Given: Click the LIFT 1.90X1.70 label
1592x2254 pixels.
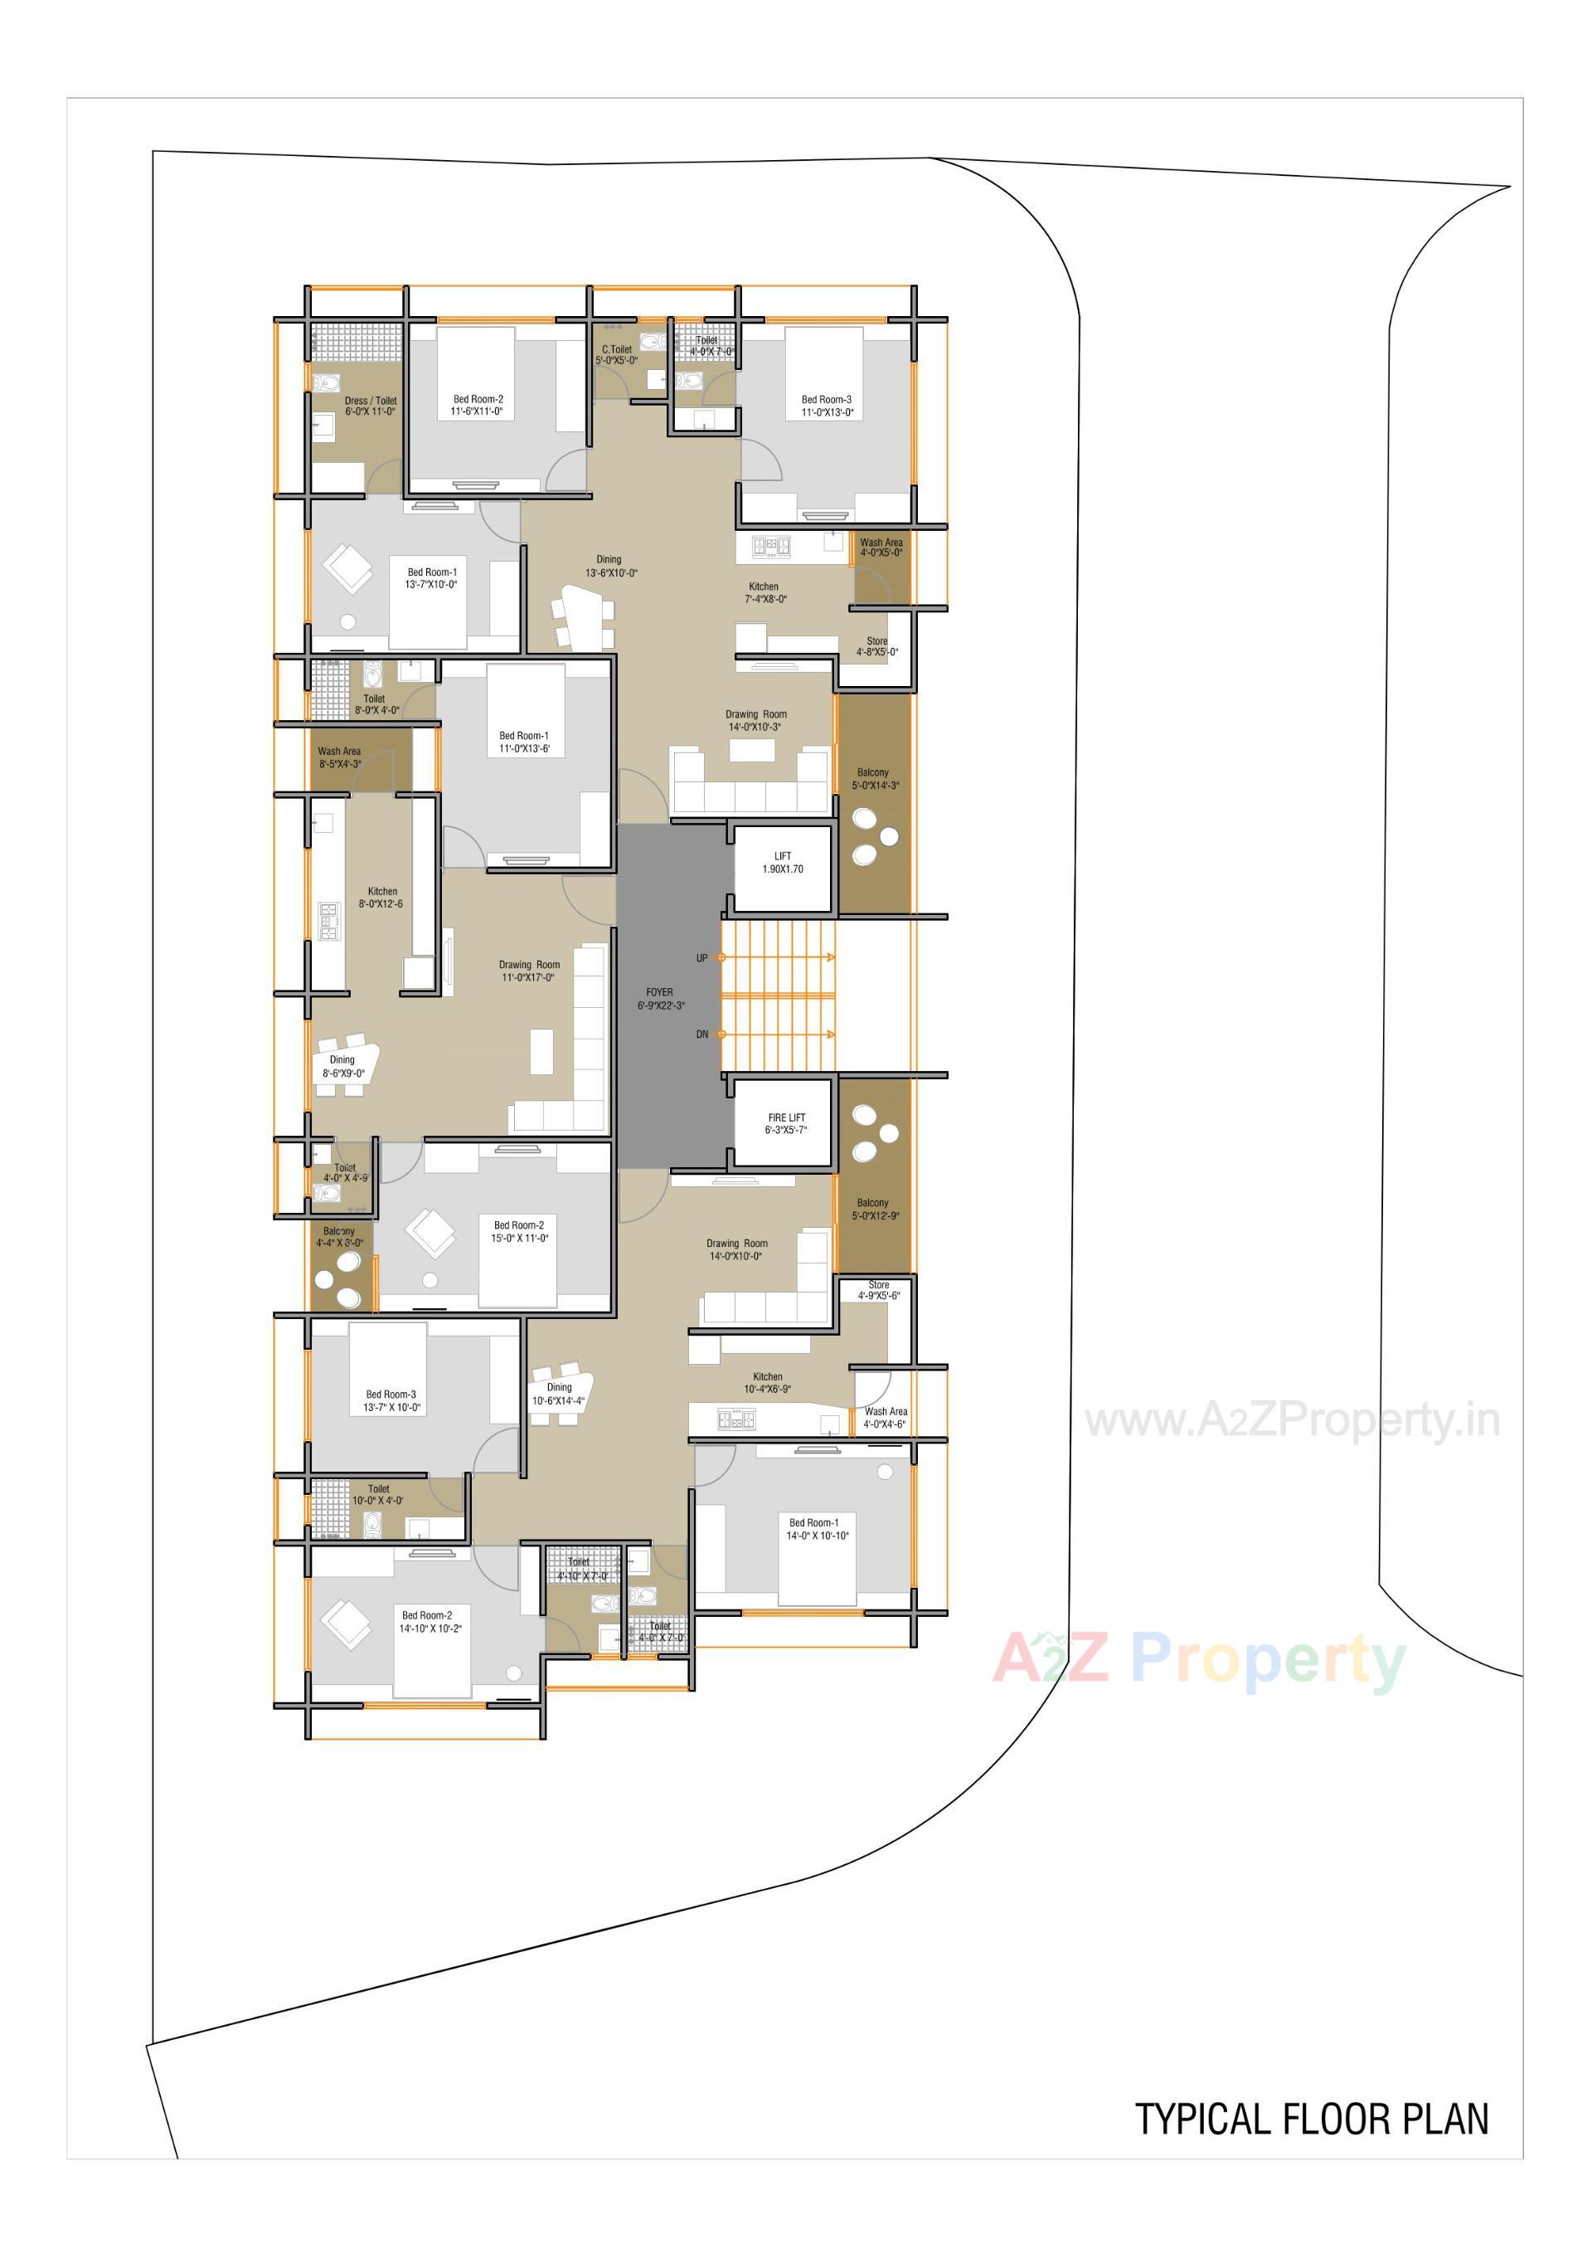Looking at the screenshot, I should (782, 862).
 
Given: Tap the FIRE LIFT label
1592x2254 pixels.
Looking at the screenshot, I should (785, 1123).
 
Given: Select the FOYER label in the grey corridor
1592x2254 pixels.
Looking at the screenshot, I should (659, 998).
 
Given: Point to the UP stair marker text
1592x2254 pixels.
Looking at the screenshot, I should (701, 957).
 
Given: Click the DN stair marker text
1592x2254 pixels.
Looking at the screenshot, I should (701, 1034).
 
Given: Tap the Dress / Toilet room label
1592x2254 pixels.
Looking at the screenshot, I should (370, 406).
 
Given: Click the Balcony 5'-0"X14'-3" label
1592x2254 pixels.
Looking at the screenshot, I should (875, 778).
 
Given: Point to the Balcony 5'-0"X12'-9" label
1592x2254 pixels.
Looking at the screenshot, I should (875, 1209).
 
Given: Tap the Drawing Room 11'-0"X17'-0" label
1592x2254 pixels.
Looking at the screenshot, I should (529, 971).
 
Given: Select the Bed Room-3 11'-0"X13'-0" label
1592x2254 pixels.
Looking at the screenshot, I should (827, 406).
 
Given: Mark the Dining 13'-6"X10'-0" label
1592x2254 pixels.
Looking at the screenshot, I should (609, 566).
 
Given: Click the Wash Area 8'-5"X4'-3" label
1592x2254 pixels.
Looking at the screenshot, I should (340, 757).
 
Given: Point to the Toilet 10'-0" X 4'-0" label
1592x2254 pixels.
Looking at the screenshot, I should (378, 1494).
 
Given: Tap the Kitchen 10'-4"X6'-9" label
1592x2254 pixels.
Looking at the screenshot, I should (768, 1382).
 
